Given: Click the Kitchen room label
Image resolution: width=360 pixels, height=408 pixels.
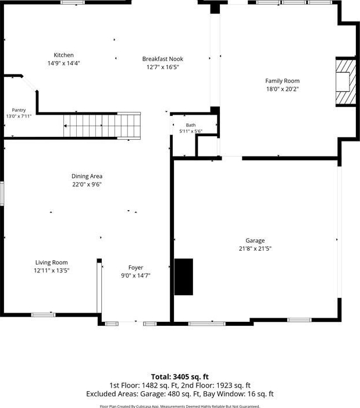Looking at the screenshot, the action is [x=63, y=55].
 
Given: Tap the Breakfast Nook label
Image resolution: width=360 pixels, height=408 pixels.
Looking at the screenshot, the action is [x=162, y=59].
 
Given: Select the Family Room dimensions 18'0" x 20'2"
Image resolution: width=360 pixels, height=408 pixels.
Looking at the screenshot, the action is [x=282, y=88].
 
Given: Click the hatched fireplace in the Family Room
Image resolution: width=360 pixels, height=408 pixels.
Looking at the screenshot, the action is [x=345, y=81].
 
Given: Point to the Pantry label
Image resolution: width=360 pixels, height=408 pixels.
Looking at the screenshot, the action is [x=19, y=110].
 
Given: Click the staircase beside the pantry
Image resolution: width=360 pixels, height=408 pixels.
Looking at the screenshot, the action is [x=102, y=126].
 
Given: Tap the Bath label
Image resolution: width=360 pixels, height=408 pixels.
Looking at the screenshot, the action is [x=191, y=125].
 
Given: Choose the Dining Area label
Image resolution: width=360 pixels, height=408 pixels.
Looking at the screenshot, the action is [x=87, y=176].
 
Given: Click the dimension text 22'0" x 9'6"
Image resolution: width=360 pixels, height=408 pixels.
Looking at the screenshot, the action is [x=87, y=185].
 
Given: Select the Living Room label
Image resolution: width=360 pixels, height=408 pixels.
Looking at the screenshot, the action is [x=51, y=262].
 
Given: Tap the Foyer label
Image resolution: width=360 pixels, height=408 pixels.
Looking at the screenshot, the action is [x=136, y=268].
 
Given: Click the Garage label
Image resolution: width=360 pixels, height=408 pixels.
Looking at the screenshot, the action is [x=255, y=240].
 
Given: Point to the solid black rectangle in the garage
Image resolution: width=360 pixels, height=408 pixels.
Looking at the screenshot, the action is [x=184, y=276].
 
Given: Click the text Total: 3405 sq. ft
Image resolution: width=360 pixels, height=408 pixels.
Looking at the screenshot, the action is [x=180, y=377].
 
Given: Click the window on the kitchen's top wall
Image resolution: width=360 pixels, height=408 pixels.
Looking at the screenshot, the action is [x=73, y=2].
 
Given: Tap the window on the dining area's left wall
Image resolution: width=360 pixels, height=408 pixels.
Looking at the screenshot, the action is [x=2, y=193].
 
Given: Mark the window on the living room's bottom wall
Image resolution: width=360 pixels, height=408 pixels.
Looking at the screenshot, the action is [x=44, y=315].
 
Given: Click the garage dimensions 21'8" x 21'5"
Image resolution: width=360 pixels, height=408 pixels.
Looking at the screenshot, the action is [x=255, y=249].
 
